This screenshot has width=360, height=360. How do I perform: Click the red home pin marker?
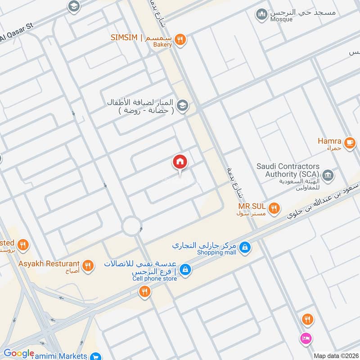(180, 162)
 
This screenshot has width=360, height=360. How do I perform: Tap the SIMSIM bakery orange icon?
(180, 39)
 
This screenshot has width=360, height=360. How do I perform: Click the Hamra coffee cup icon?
(349, 143)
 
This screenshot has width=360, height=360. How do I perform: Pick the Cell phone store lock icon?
(184, 270)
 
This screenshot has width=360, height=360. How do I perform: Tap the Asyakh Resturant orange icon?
(88, 265)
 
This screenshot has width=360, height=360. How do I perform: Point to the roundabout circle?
(132, 226)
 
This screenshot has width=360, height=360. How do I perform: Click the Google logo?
(19, 353)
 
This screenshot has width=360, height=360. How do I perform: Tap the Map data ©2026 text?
(335, 355)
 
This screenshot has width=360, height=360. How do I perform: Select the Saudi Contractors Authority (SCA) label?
(288, 170)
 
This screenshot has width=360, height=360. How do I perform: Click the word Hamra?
(329, 141)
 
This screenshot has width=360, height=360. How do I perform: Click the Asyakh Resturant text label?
(49, 264)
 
